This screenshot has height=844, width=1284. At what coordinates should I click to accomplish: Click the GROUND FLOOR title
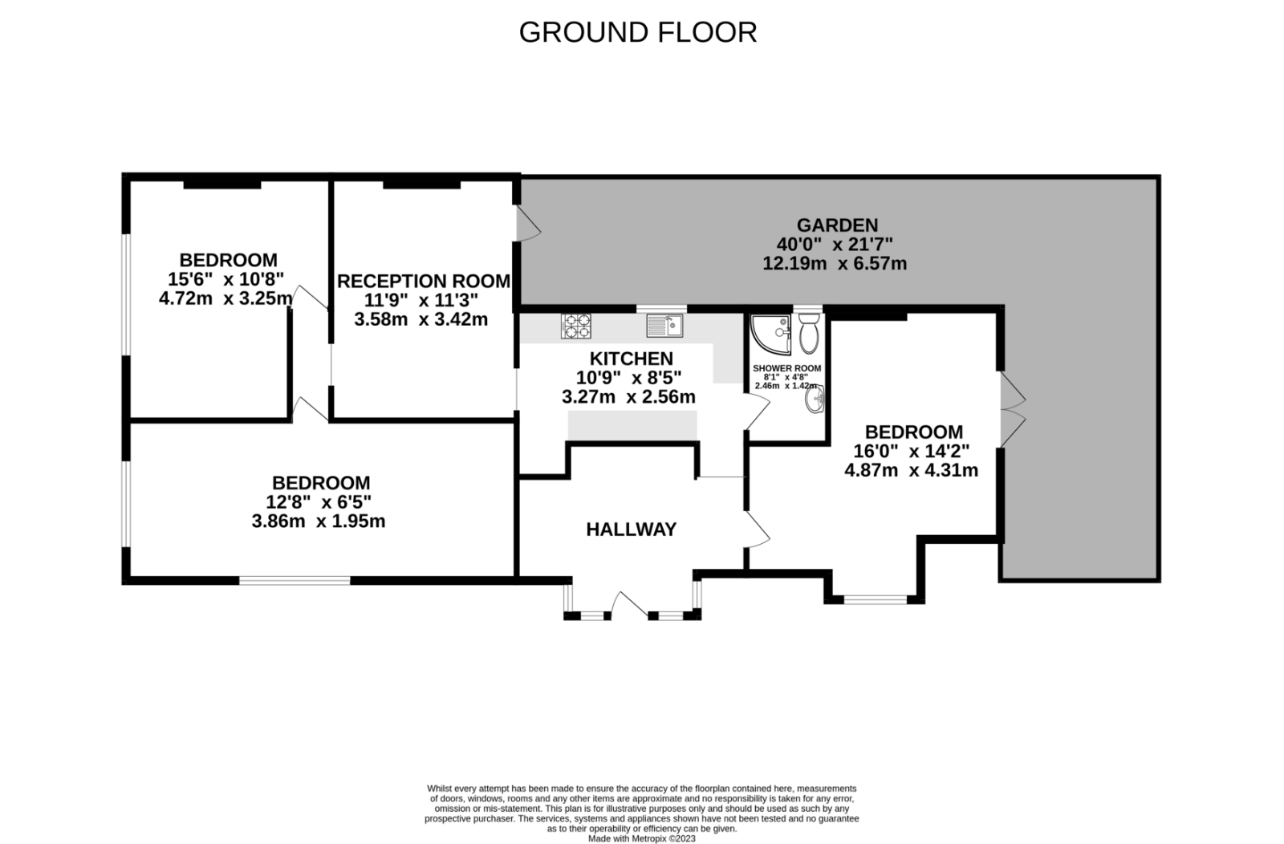(x=638, y=32)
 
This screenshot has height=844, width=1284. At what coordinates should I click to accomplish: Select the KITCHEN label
(x=631, y=359)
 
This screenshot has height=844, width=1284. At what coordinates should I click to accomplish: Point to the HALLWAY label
(x=631, y=530)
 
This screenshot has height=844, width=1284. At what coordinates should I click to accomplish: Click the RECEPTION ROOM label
(x=424, y=282)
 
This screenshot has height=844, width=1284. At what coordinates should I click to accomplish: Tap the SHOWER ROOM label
(x=786, y=368)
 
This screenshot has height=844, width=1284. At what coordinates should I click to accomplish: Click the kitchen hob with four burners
(x=576, y=326)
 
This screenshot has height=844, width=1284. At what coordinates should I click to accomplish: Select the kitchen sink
(x=665, y=326)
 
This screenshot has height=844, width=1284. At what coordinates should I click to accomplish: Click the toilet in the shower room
(x=809, y=333)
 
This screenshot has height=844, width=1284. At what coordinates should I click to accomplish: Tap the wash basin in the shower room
(x=815, y=399)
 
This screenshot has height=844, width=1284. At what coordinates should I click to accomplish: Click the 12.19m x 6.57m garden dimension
(x=835, y=264)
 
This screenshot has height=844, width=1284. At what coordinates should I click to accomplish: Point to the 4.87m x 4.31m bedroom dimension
(x=912, y=470)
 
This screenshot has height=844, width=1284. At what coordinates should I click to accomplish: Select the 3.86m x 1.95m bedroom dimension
(x=319, y=521)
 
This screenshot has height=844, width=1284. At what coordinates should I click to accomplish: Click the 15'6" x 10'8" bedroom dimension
(x=226, y=280)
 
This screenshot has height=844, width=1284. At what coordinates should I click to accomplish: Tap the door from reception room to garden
(x=528, y=224)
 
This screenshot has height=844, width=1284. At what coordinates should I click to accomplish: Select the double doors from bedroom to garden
(x=1013, y=410)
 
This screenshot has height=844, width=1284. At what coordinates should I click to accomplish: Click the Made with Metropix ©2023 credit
(x=642, y=839)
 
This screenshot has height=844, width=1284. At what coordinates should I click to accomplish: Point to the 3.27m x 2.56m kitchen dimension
(x=629, y=397)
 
